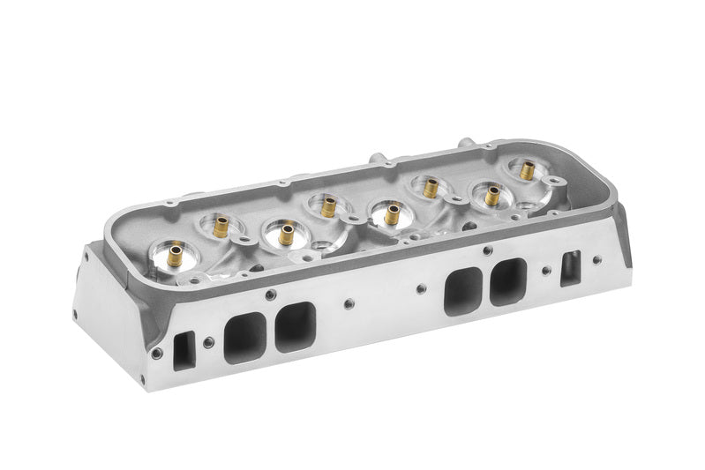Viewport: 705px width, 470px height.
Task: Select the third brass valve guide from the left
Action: point(286,235)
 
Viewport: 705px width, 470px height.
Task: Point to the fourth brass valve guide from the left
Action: point(328,206)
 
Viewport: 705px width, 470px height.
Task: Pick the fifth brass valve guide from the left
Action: point(390,213)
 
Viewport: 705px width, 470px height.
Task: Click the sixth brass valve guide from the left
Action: point(430,187)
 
